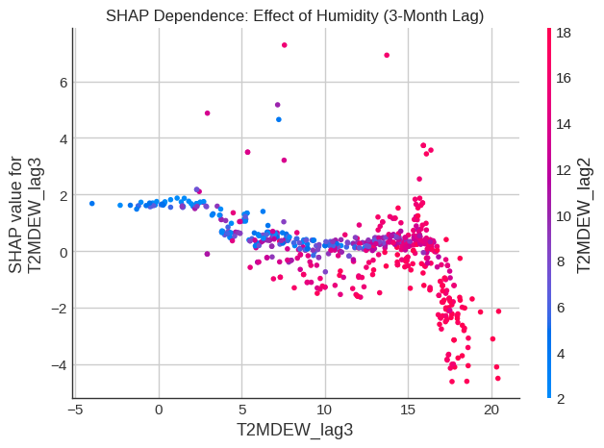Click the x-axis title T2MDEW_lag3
tap(296, 429)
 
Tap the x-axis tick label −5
tap(75, 410)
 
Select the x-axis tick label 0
tap(159, 410)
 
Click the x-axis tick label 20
tap(491, 410)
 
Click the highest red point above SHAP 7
tap(284, 45)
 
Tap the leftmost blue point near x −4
tap(91, 204)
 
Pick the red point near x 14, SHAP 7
tap(387, 55)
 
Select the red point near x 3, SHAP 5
tap(207, 113)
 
